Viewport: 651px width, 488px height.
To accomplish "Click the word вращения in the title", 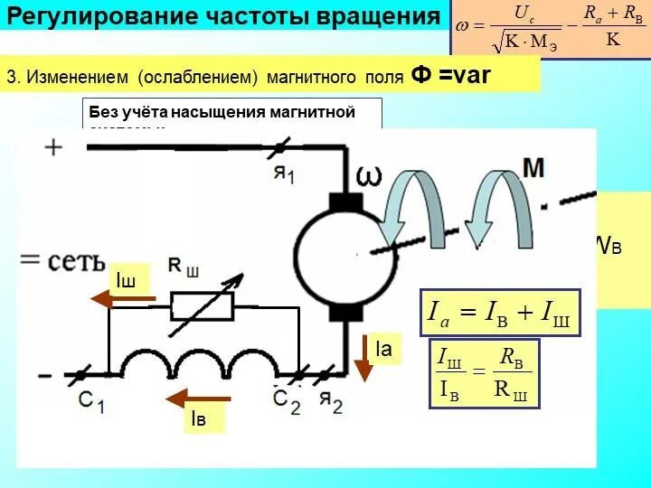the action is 373,16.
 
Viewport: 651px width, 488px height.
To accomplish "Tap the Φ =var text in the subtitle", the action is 450,75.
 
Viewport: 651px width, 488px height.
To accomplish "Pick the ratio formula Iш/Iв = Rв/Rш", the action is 484,374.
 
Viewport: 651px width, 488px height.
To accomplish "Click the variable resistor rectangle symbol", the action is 202,308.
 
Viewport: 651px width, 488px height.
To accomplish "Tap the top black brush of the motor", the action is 344,203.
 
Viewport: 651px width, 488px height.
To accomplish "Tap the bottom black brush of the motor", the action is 344,313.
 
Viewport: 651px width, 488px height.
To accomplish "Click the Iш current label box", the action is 126,280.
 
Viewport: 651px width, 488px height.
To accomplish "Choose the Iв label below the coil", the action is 198,418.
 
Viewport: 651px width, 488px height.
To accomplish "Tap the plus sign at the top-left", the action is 54,146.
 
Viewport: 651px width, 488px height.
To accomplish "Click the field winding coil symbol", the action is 203,363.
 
